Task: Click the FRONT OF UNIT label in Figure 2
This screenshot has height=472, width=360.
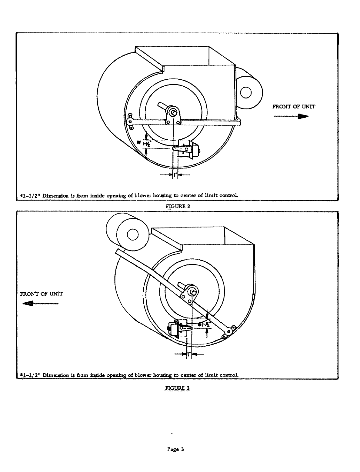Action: click(294, 107)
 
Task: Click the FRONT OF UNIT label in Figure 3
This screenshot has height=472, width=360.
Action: click(42, 294)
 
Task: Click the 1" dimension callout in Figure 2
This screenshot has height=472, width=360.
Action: click(175, 175)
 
